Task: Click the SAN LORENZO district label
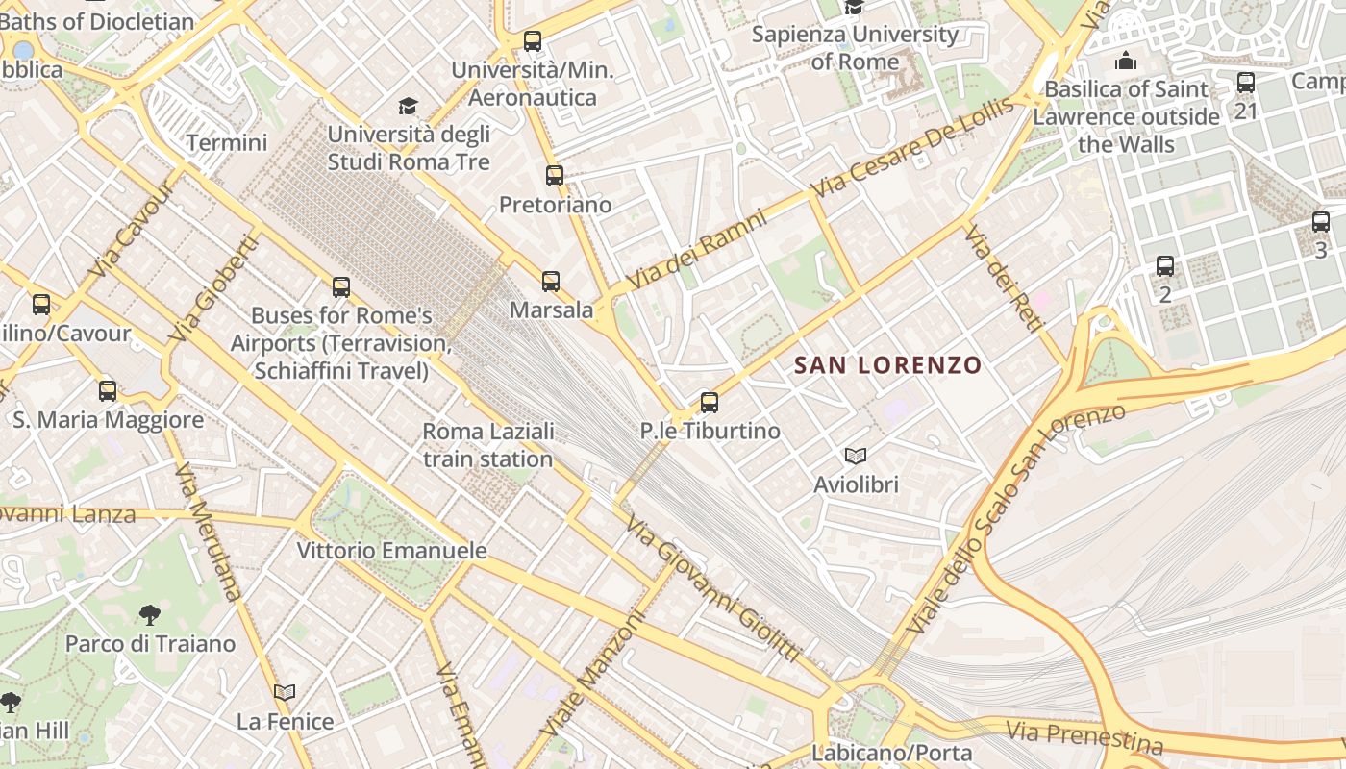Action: coord(887,365)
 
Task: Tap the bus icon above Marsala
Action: coord(551,282)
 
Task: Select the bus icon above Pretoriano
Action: coord(555,176)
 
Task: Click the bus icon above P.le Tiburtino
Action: coord(710,403)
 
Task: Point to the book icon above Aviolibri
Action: coord(855,456)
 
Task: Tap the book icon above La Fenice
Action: coord(285,692)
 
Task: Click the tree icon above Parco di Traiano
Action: coord(149,615)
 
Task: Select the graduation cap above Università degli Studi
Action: coord(409,106)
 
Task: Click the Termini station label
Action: coord(227,143)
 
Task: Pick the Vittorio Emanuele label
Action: coord(391,551)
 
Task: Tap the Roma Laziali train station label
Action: coord(487,445)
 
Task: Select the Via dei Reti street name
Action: coord(1004,279)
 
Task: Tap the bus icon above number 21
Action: coord(1246,83)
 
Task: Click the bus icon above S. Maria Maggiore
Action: coord(108,391)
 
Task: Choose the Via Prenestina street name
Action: coord(1084,737)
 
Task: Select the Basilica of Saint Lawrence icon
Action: coord(1126,62)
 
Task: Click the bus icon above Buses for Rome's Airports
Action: coord(341,287)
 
